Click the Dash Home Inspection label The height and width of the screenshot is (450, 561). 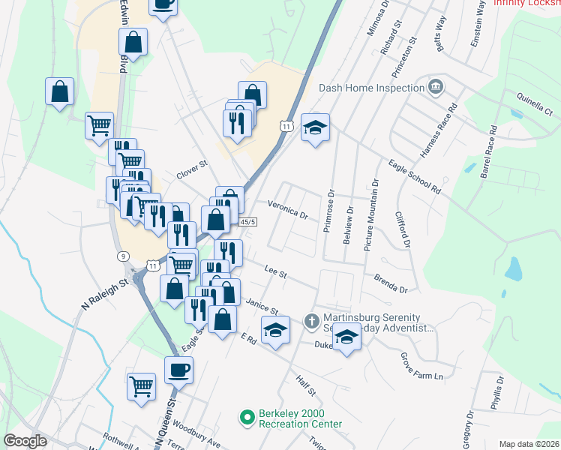pyautogui.click(x=372, y=88)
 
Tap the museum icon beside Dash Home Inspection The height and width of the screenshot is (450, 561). pyautogui.click(x=435, y=88)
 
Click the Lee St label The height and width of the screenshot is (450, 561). pyautogui.click(x=276, y=271)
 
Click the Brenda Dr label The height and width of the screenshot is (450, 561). pyautogui.click(x=390, y=283)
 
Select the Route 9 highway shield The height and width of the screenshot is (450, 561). pyautogui.click(x=122, y=257)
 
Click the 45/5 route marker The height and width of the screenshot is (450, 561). pyautogui.click(x=248, y=222)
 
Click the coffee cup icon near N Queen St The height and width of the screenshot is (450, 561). pyautogui.click(x=179, y=370)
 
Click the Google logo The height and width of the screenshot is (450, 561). pyautogui.click(x=25, y=441)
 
